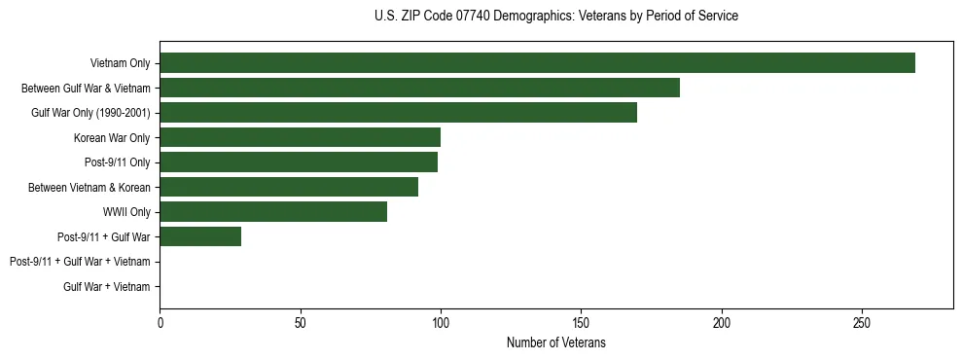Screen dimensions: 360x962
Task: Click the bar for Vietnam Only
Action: [x=537, y=63]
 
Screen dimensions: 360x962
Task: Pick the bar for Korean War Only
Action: [x=300, y=137]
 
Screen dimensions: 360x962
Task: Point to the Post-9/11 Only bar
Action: [x=299, y=162]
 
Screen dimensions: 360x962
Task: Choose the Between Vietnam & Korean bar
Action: [x=289, y=187]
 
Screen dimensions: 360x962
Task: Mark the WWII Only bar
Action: [x=273, y=212]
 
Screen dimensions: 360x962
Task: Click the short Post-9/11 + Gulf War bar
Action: [x=200, y=236]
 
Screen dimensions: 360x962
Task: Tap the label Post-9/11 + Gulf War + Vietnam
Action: [x=80, y=262]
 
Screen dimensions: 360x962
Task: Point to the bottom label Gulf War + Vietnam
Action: [x=107, y=287]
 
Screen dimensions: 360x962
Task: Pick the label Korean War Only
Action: [x=112, y=138]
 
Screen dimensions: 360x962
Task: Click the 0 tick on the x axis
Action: [x=160, y=322]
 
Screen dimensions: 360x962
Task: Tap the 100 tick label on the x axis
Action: [x=441, y=322]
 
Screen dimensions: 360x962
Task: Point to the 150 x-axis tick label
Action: [x=581, y=322]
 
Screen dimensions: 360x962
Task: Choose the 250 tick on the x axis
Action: [x=862, y=322]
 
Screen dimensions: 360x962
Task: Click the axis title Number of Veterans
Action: [x=555, y=342]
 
